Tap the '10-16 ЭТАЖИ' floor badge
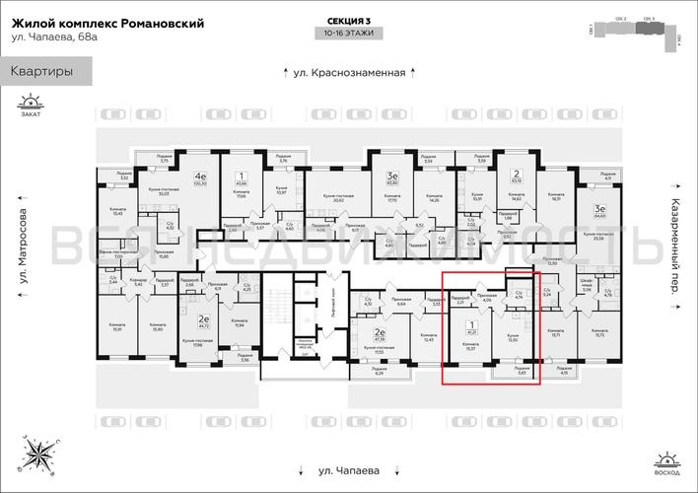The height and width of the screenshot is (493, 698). click(x=349, y=33)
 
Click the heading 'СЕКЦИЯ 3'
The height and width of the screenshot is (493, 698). click(x=349, y=20)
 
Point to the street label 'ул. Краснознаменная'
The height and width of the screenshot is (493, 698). click(x=349, y=72)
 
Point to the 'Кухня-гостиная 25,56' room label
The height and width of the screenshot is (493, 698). click(x=597, y=237)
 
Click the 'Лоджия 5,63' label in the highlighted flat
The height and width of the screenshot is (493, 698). click(x=521, y=371)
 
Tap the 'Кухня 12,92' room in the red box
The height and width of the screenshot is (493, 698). click(x=514, y=338)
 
